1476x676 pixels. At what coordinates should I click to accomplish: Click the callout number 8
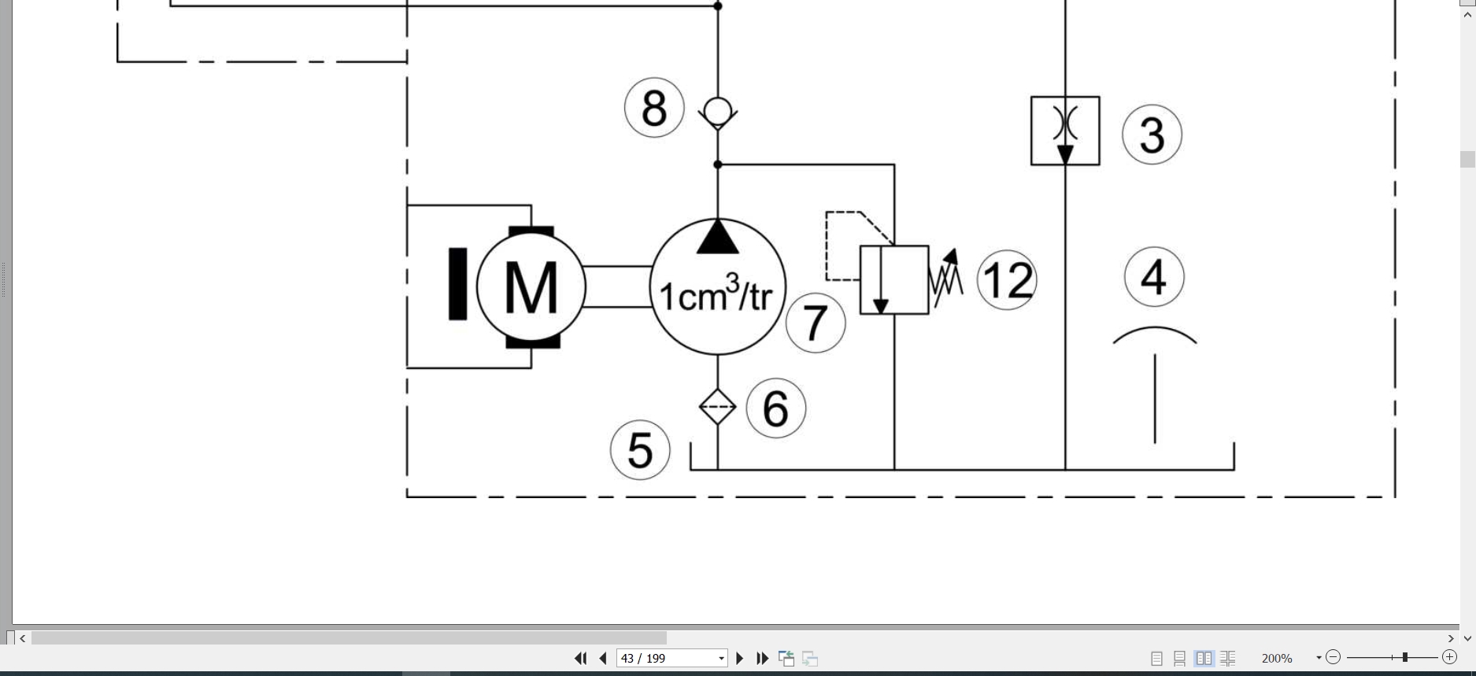[654, 108]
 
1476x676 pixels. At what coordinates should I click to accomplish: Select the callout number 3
[1152, 135]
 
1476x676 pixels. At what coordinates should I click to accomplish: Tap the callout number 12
[1007, 280]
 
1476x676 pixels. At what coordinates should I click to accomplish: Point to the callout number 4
[1154, 277]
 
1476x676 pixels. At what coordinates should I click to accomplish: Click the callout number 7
[816, 323]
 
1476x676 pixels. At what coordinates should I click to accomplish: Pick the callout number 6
[776, 408]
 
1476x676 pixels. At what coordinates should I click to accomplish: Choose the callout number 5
[640, 450]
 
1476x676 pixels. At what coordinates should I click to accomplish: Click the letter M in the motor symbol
[531, 288]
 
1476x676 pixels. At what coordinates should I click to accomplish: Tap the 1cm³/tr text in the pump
[716, 293]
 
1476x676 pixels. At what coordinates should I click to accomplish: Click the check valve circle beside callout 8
[718, 111]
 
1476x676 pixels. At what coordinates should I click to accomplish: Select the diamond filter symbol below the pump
[717, 407]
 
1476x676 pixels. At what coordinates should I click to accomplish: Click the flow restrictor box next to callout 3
[1065, 131]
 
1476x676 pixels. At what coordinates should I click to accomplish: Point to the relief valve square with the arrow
[894, 280]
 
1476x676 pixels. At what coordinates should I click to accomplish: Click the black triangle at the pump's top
[718, 238]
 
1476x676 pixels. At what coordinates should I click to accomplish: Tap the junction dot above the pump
[718, 164]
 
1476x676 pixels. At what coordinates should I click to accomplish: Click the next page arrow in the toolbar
[740, 658]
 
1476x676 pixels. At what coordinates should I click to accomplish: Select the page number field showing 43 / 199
[671, 658]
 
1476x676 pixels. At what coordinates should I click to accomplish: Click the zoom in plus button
[1449, 657]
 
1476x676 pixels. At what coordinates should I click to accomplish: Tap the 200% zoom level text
[1277, 658]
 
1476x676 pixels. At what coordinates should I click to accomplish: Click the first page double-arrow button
[581, 658]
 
